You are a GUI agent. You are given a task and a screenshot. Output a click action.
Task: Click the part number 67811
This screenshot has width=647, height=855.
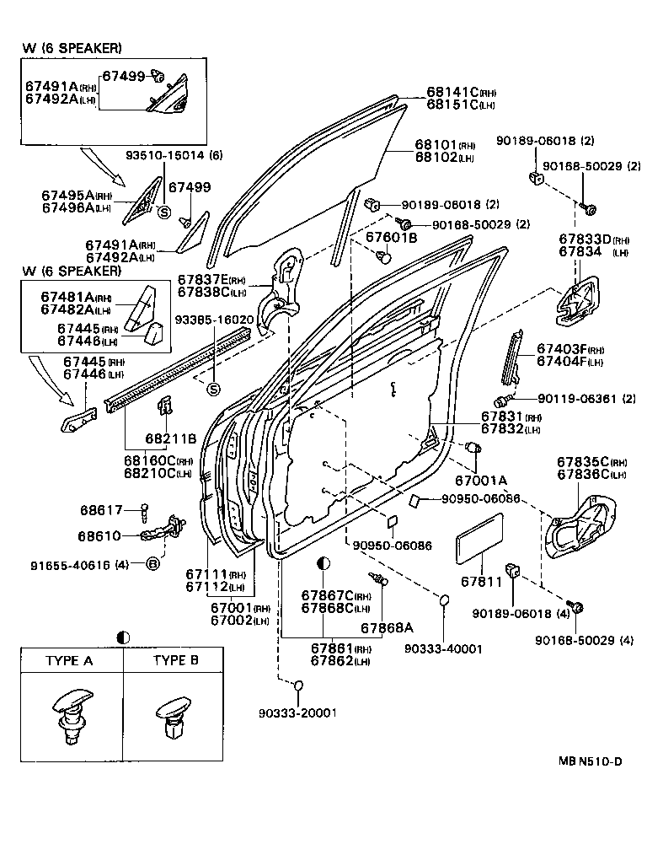click(x=481, y=581)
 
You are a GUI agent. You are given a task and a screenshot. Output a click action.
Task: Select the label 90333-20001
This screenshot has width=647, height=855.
click(x=297, y=712)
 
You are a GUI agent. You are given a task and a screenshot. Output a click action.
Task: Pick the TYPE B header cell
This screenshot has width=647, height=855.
click(x=175, y=660)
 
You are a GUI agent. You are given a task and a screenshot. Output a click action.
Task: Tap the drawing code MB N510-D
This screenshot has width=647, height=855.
click(x=589, y=761)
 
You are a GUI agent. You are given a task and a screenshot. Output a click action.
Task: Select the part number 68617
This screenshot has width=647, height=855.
click(x=101, y=510)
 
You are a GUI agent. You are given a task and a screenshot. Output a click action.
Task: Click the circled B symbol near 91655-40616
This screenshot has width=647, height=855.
click(x=153, y=563)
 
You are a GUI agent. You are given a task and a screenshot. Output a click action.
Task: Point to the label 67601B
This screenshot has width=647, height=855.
click(x=391, y=239)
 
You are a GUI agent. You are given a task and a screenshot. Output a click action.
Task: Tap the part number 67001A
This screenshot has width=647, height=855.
click(x=481, y=480)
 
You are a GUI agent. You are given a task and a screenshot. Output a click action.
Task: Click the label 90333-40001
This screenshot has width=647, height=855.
click(x=443, y=648)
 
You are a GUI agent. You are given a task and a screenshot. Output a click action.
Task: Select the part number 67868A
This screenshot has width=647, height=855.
click(x=388, y=627)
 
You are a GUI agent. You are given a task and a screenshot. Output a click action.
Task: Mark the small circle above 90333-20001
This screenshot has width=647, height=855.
click(x=297, y=684)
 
